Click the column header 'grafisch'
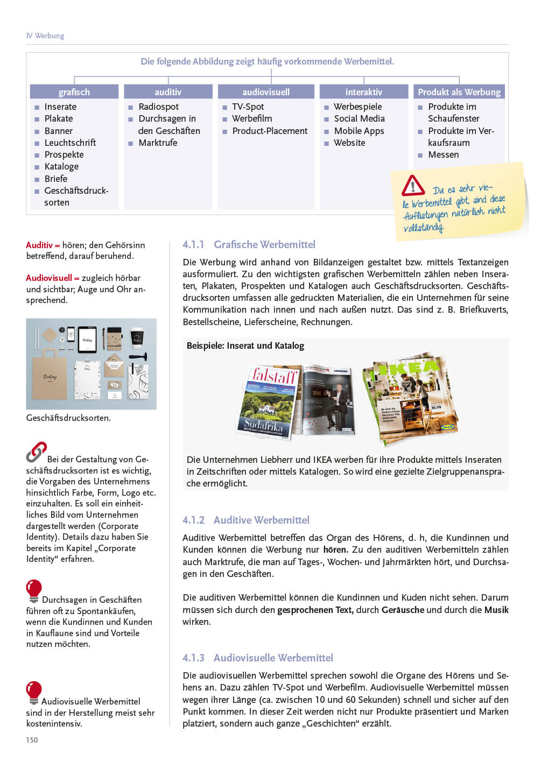(x=74, y=92)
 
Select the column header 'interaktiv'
(x=364, y=92)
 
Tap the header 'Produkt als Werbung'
(x=459, y=92)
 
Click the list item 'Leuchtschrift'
(x=70, y=143)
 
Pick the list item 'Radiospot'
(x=158, y=107)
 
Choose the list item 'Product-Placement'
(x=270, y=131)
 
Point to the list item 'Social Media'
(x=359, y=118)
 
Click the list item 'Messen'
(x=444, y=154)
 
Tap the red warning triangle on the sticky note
(x=413, y=186)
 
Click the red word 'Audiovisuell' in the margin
(x=49, y=278)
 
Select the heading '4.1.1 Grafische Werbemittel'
(x=249, y=244)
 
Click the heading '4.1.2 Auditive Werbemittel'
(x=246, y=520)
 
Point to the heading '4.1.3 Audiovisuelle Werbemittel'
(x=258, y=658)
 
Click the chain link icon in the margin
(x=36, y=453)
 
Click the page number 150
(x=32, y=740)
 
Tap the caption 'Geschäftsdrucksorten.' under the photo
(x=68, y=418)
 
